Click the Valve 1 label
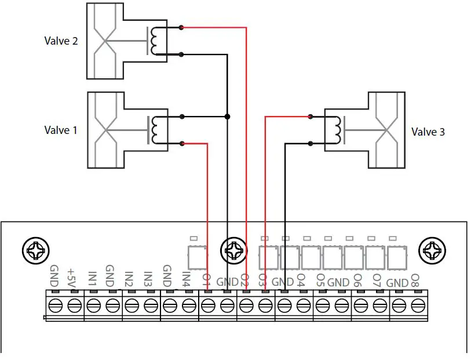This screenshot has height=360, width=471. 61,130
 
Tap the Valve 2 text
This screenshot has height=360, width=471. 61,41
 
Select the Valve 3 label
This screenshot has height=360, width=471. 428,132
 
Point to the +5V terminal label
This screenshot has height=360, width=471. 72,275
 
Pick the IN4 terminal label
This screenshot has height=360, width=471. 186,278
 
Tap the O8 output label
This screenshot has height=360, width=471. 415,281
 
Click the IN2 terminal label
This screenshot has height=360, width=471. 129,278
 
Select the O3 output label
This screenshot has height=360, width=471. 262,280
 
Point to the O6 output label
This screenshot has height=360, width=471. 357,281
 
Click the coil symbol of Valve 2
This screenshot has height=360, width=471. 155,41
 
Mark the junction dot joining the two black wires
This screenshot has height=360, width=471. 227,117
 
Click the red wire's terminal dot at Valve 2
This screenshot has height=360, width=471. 182,27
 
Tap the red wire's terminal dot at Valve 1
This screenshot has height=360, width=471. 182,143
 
